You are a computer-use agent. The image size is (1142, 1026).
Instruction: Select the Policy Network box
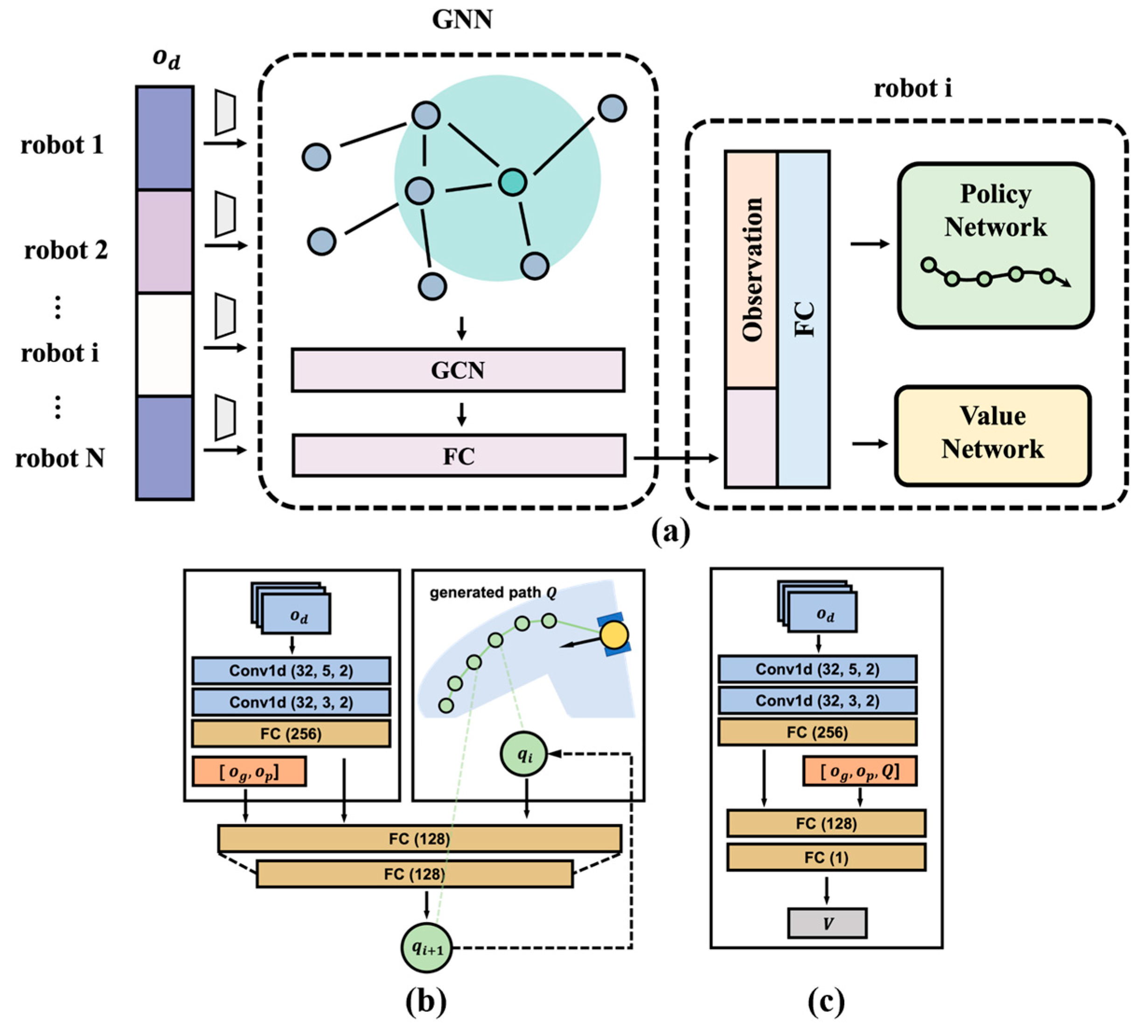coord(996,245)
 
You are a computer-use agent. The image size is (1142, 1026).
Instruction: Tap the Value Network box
coord(993,436)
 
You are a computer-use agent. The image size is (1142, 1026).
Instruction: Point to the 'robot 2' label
coord(66,250)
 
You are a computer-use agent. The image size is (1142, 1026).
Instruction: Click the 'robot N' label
coord(60,458)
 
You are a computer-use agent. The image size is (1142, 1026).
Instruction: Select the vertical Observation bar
coord(751,270)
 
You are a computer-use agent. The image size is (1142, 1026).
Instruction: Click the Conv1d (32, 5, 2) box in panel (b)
coord(291,671)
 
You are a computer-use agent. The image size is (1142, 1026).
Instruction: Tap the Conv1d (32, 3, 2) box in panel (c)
coord(817,701)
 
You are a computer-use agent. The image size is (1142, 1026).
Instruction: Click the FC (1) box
coord(826,858)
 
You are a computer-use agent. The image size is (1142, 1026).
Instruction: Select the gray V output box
coord(827,923)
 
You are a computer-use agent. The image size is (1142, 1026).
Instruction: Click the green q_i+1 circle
coord(427,948)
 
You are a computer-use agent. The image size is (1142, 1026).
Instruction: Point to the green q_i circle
coord(524,755)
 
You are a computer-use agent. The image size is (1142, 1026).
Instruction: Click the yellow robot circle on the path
coord(614,635)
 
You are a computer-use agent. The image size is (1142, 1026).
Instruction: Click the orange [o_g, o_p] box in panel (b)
coord(249,772)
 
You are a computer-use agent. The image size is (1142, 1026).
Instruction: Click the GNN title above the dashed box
coord(462,19)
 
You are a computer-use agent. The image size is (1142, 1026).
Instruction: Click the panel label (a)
coord(670,532)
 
